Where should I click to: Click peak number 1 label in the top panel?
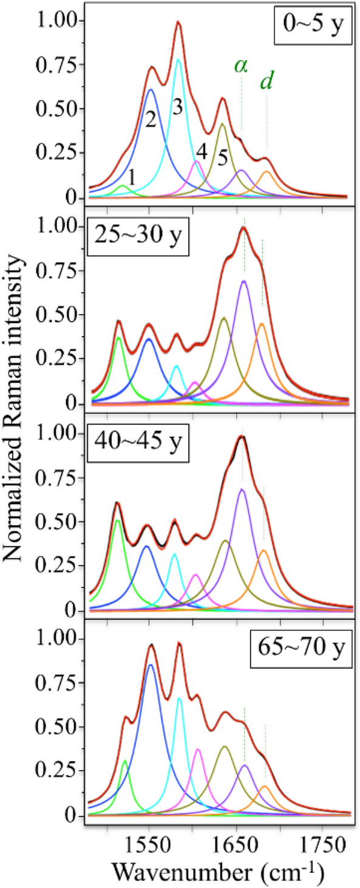tap(132, 176)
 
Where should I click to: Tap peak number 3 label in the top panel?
tap(177, 107)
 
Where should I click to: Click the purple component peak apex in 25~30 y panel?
tap(243, 281)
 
